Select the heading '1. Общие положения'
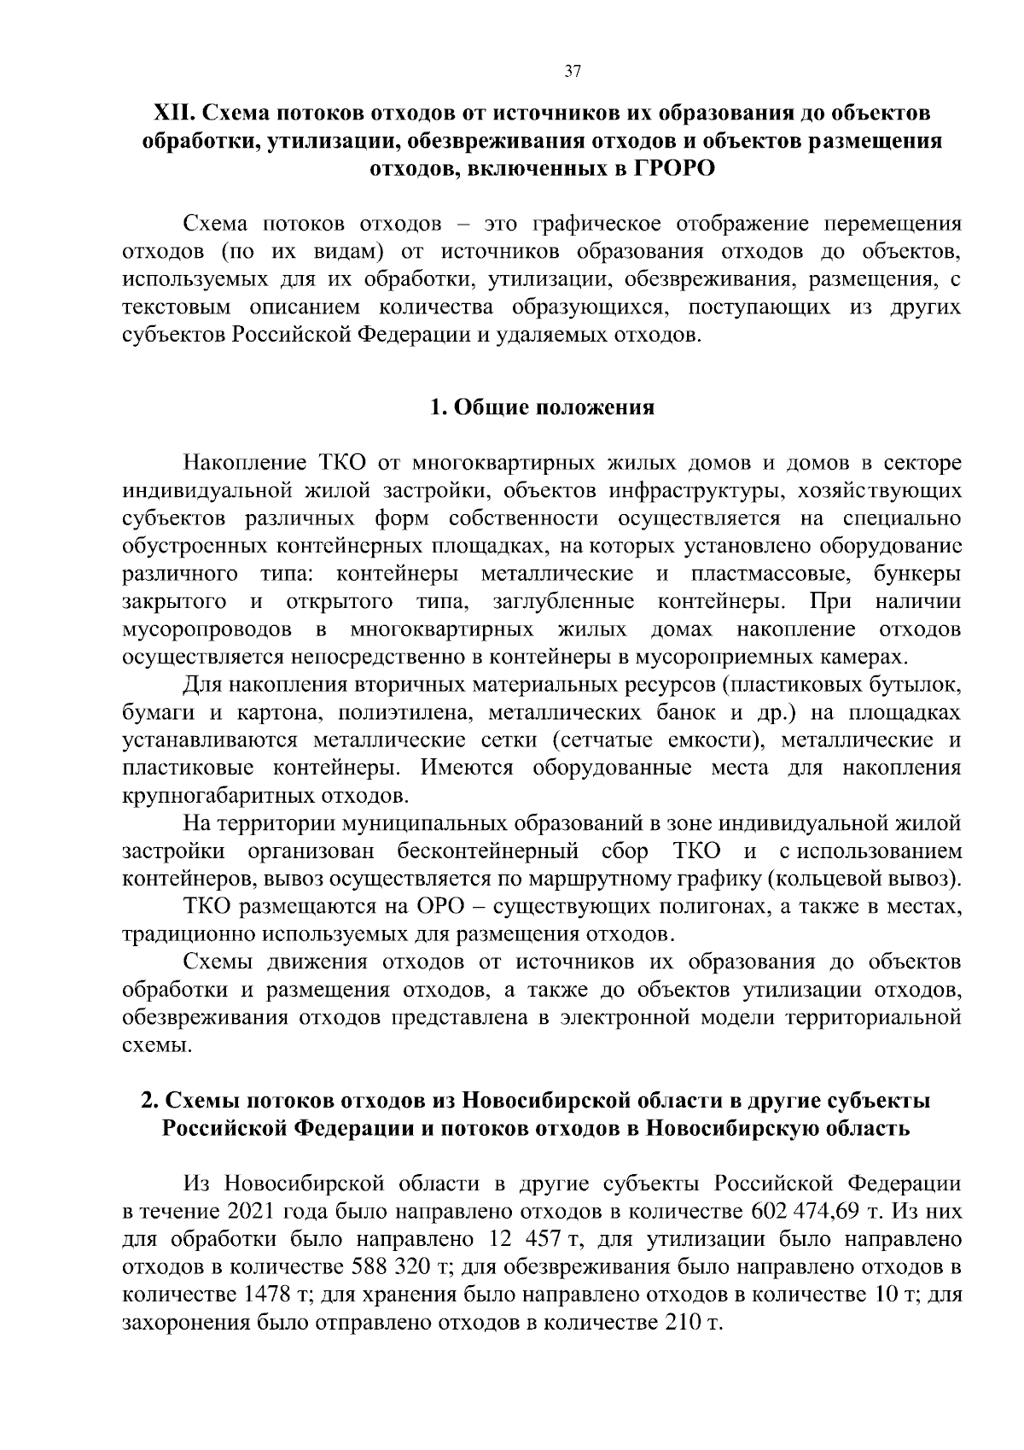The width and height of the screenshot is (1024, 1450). [x=543, y=407]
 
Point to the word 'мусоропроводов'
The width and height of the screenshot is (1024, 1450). [x=207, y=630]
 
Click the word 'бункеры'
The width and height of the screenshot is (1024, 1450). [x=917, y=574]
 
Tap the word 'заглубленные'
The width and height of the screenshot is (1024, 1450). [x=564, y=602]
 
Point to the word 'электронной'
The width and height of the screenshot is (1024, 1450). [x=624, y=1018]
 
